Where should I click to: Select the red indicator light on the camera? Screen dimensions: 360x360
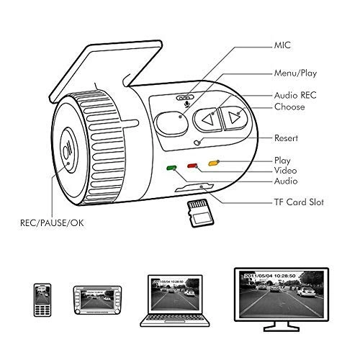193,166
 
